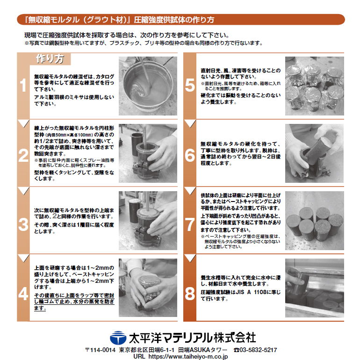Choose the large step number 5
coord(190,86)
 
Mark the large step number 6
coord(190,154)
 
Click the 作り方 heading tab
coord(50,59)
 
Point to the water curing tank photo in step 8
coord(314,288)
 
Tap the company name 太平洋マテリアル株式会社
coord(192,337)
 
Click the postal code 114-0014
coord(102,350)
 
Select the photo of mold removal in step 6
coord(314,153)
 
